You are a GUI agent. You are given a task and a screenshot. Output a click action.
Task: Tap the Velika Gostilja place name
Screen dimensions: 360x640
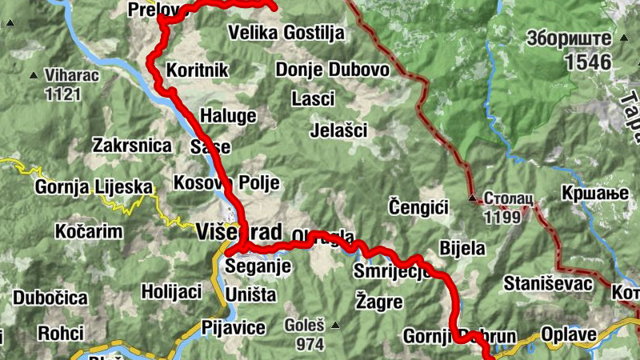(x=286, y=33)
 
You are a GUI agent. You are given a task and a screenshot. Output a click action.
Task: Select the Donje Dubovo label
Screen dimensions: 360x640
(x=332, y=70)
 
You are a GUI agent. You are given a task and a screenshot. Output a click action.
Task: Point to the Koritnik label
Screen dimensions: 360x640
(x=197, y=70)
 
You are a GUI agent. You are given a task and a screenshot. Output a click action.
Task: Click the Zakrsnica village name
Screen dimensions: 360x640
(x=132, y=146)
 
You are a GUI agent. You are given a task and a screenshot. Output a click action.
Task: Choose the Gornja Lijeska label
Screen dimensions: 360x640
(x=94, y=188)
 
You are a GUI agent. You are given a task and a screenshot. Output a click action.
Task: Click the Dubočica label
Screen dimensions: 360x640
(x=50, y=298)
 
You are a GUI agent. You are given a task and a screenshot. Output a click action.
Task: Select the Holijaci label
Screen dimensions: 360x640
(x=171, y=291)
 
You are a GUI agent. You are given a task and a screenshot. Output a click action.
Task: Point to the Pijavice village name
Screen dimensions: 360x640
(x=233, y=327)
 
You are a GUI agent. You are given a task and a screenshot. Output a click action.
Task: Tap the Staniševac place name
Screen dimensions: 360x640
(x=547, y=283)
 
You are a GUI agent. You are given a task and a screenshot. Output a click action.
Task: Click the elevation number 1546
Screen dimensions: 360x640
(x=586, y=62)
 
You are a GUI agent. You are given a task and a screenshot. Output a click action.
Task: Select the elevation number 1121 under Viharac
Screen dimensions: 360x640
(x=63, y=94)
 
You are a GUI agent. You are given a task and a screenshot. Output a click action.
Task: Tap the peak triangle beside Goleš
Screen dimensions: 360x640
(x=335, y=325)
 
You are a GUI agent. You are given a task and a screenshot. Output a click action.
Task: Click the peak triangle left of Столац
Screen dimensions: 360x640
(x=473, y=197)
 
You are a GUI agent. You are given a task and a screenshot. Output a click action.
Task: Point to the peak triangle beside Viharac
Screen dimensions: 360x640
(x=33, y=76)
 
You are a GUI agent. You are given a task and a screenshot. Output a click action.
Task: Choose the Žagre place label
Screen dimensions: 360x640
(x=378, y=302)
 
